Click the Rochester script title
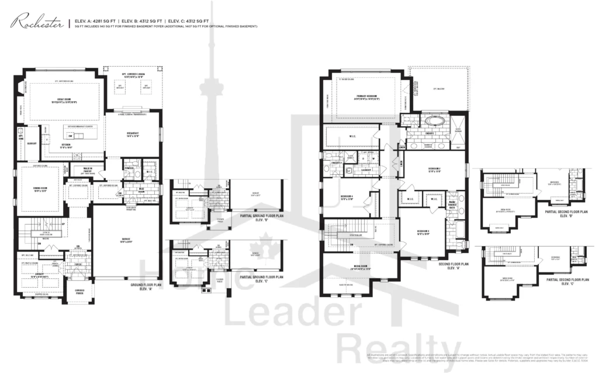coord(36,23)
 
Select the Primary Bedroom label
coord(366,96)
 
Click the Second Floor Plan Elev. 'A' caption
coord(454,265)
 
